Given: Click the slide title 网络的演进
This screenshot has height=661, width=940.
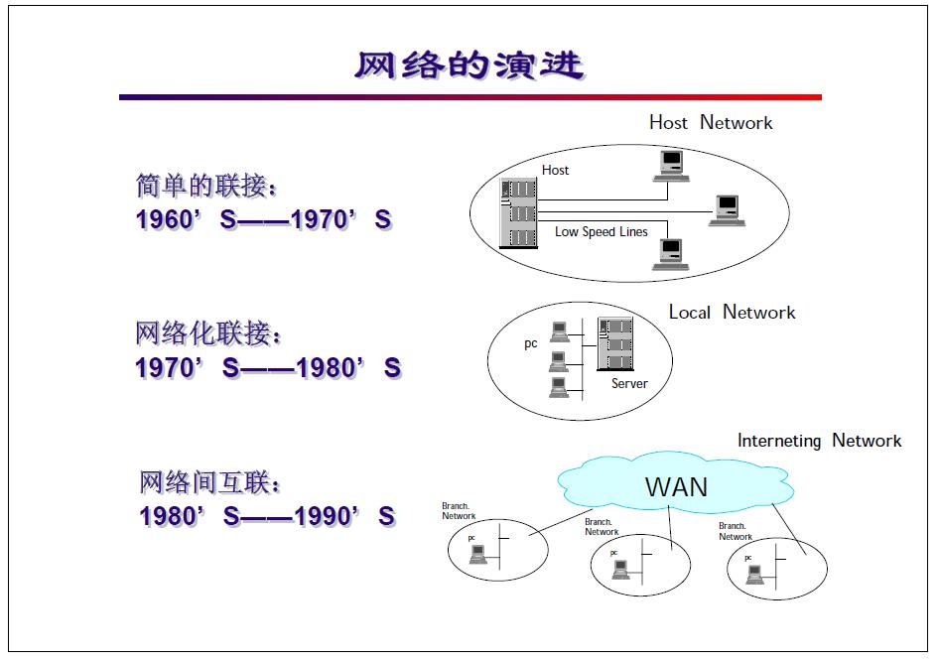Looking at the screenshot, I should pyautogui.click(x=469, y=65).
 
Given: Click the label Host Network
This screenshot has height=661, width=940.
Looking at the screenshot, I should pyautogui.click(x=710, y=122).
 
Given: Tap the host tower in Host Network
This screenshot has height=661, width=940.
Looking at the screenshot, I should pyautogui.click(x=518, y=212).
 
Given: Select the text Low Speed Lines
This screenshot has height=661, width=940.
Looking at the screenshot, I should pyautogui.click(x=601, y=231).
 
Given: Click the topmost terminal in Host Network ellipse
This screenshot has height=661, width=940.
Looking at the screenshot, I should pyautogui.click(x=672, y=164).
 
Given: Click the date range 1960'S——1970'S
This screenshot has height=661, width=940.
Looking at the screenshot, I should pyautogui.click(x=263, y=219).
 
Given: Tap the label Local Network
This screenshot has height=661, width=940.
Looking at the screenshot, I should pyautogui.click(x=732, y=312).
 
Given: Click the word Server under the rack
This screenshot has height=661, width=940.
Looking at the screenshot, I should pyautogui.click(x=628, y=383).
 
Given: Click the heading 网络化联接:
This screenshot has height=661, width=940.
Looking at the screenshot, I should pyautogui.click(x=208, y=333).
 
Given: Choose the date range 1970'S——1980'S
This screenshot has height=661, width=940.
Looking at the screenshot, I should pyautogui.click(x=267, y=368).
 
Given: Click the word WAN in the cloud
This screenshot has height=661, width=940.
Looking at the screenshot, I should pyautogui.click(x=676, y=486).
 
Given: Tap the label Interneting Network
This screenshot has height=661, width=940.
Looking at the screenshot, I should pyautogui.click(x=819, y=440).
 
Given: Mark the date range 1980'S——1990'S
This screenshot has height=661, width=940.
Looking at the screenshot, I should pyautogui.click(x=266, y=516).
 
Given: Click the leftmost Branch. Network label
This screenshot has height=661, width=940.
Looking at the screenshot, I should pyautogui.click(x=459, y=511).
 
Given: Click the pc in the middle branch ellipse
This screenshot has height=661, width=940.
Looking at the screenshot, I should pyautogui.click(x=620, y=569).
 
